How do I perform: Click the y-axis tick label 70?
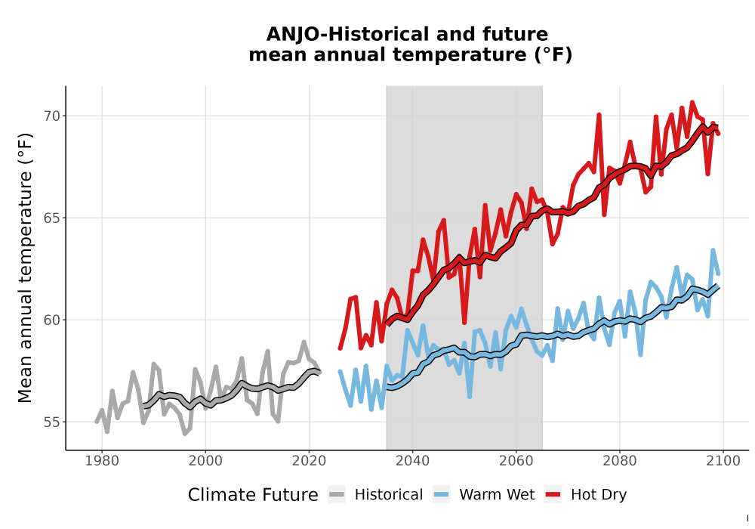point(52,116)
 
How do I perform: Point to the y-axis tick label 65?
point(52,218)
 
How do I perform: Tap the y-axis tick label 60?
point(52,320)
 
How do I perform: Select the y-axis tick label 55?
point(52,422)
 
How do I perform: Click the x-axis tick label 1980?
point(102,461)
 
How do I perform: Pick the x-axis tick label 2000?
point(205,461)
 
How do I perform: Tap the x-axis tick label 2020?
point(309,461)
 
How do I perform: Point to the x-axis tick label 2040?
point(413,461)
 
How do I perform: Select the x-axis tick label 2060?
point(516,461)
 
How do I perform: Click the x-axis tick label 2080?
point(620,461)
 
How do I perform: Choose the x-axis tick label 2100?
point(723,461)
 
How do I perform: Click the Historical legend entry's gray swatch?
point(337,495)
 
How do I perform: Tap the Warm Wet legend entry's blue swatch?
point(441,495)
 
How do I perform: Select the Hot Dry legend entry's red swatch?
point(553,495)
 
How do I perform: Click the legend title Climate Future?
point(253,495)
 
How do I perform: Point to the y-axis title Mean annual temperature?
point(25,268)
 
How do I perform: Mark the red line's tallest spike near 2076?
point(599,115)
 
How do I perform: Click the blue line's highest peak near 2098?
point(713,250)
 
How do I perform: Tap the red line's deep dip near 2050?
point(464,323)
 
